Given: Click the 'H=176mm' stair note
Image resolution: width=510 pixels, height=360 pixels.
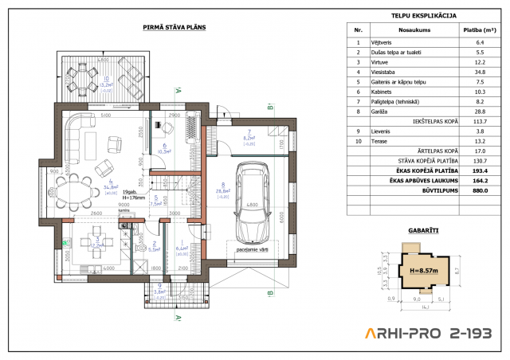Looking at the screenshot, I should point(133,198).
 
